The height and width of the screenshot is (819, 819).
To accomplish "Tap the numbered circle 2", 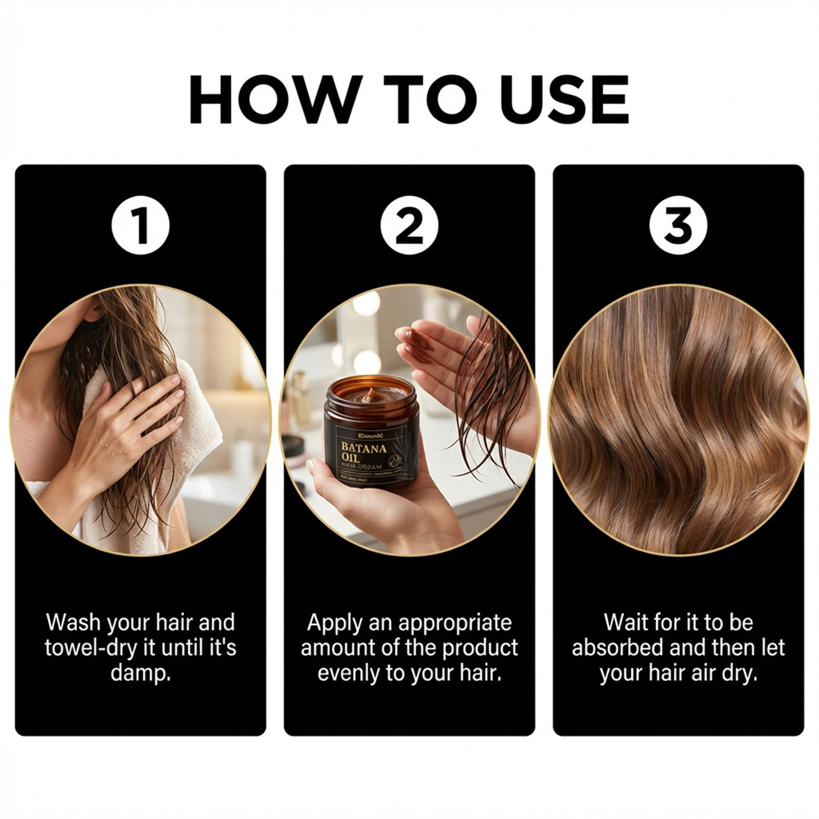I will coord(409,226).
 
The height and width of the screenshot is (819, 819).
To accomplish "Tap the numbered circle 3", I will coord(678,226).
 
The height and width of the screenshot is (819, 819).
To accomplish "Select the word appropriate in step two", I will coord(455,623).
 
